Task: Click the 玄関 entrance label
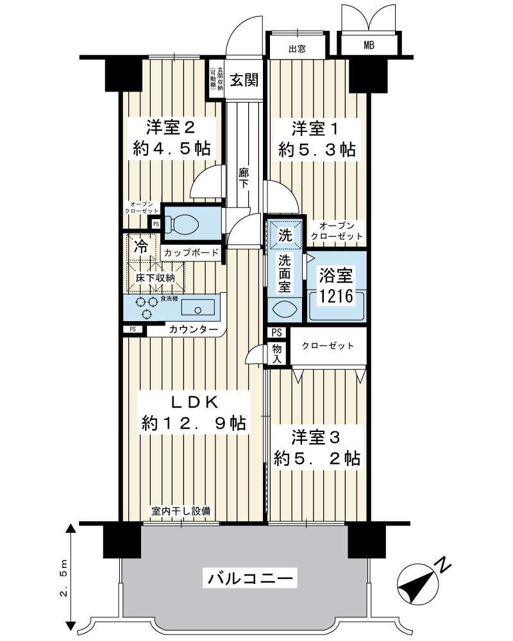pos(244,80)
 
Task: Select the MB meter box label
pos(369,46)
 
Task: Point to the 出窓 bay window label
pos(297,49)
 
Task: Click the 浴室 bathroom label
pos(336,276)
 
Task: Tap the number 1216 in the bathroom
pos(336,296)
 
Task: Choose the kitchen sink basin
pos(198,307)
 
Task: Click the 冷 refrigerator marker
pos(141,247)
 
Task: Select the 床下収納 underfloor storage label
pos(155,278)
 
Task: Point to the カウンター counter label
pos(193,329)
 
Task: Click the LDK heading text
pos(194,403)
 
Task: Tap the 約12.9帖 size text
pos(194,423)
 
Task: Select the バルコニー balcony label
pos(250,578)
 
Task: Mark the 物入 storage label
pos(277,354)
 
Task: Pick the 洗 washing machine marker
pos(285,235)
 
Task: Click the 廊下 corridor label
pos(244,178)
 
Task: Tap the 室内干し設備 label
pos(181,511)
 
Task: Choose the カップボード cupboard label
pos(191,253)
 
